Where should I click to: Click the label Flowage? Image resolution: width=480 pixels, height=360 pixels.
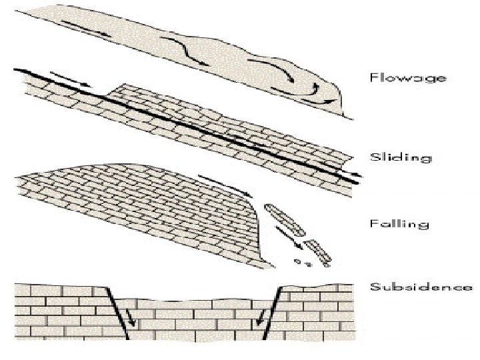click(407, 77)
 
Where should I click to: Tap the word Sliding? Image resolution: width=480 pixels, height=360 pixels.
click(401, 157)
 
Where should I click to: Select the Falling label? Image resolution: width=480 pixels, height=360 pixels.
click(399, 223)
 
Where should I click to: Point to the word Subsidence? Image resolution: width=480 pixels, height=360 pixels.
click(421, 287)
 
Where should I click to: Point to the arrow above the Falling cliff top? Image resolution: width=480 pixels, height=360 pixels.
click(218, 182)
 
